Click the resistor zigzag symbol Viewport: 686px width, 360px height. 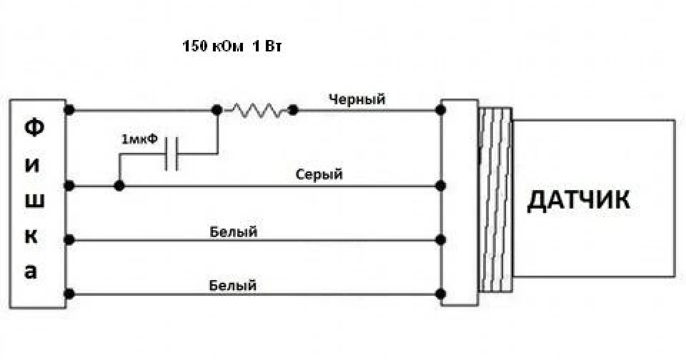tap(257, 110)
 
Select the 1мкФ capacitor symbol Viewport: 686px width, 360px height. tap(171, 154)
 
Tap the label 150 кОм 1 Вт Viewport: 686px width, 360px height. tap(232, 46)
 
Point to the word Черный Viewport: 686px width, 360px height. tap(357, 99)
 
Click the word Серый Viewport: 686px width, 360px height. tap(319, 174)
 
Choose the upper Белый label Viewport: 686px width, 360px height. tap(233, 231)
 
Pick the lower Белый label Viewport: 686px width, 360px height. tap(233, 286)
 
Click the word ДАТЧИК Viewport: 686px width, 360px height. tap(578, 200)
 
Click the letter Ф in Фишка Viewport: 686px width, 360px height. tap(34, 128)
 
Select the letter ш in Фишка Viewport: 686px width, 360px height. tap(34, 201)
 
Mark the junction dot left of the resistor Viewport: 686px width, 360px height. tap(217, 110)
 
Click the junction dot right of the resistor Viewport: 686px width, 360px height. tap(293, 110)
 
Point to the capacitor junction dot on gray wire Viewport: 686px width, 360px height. tap(119, 186)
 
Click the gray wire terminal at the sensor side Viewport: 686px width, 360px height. tap(441, 186)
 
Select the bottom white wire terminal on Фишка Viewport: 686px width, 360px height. tap(69, 294)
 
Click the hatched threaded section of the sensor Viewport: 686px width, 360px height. tap(495, 199)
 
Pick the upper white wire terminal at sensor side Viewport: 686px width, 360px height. tap(441, 240)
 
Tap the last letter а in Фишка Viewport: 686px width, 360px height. tap(31, 272)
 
